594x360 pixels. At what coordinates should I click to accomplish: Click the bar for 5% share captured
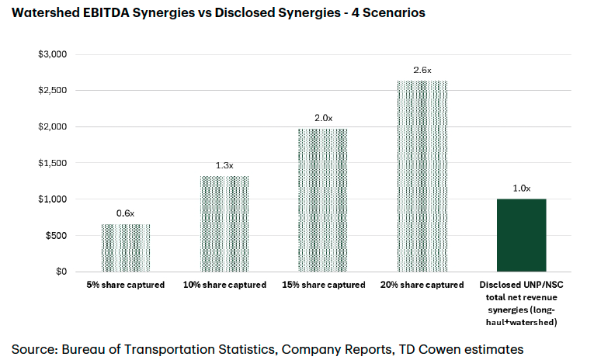(126, 248)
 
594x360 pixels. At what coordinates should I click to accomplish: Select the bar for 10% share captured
(224, 224)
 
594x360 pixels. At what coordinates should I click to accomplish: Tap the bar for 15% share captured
(323, 200)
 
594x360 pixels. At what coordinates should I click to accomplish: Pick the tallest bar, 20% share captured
(422, 176)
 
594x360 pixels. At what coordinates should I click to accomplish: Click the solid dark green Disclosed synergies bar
(521, 235)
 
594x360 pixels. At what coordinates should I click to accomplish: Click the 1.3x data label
(224, 166)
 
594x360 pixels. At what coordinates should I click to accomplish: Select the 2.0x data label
(323, 118)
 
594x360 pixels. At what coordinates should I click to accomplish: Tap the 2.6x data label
(422, 70)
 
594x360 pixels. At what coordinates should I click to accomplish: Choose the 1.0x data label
(521, 189)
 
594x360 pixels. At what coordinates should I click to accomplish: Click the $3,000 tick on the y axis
(54, 54)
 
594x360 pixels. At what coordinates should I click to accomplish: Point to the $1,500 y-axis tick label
(54, 163)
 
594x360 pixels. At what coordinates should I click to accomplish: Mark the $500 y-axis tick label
(57, 235)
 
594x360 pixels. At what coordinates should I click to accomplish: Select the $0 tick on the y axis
(62, 272)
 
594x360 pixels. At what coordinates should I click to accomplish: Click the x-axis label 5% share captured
(126, 285)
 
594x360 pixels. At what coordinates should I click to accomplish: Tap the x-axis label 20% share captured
(422, 285)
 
